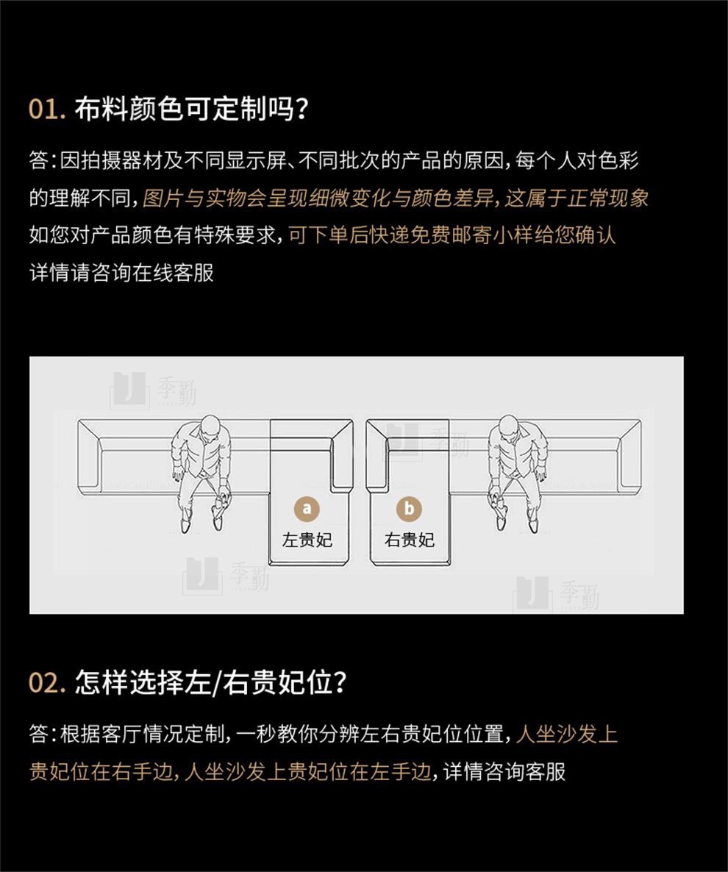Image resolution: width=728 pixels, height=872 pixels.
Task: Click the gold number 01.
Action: click(x=46, y=109)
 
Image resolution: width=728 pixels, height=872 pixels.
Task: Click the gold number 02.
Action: click(x=47, y=682)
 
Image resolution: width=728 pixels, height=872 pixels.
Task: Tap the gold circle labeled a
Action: click(x=307, y=508)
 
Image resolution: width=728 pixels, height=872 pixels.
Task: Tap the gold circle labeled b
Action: click(x=409, y=508)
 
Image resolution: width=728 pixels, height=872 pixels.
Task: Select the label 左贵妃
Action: click(x=307, y=540)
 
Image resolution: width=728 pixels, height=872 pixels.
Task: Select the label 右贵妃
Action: click(x=410, y=540)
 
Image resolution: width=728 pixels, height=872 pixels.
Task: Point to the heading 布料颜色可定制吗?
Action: click(x=191, y=108)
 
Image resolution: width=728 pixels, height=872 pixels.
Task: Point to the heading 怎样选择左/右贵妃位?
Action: click(x=211, y=682)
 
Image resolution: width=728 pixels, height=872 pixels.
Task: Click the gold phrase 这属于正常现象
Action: click(x=577, y=198)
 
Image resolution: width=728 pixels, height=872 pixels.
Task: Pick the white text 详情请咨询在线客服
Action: click(x=121, y=273)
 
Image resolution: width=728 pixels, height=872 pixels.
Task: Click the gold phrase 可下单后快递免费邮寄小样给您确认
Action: click(x=452, y=235)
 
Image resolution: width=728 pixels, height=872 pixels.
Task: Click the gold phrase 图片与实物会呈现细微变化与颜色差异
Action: click(x=318, y=198)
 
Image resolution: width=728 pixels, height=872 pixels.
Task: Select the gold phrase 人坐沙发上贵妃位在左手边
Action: click(x=307, y=771)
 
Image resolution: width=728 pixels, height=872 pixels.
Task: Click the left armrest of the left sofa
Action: click(x=90, y=457)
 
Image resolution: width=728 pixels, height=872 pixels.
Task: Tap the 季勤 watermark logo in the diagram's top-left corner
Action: click(x=153, y=390)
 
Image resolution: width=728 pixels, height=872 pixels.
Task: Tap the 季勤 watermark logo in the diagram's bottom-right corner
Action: click(x=556, y=593)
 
